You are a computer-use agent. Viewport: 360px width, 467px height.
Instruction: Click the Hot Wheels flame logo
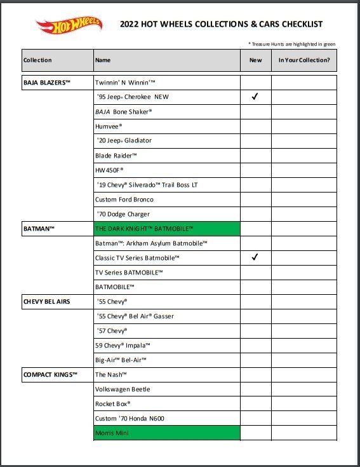click(69, 26)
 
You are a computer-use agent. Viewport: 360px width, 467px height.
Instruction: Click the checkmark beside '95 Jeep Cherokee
click(255, 97)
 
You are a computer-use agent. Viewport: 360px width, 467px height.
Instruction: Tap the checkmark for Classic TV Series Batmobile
click(255, 258)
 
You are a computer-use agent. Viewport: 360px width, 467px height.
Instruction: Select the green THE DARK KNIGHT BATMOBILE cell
click(166, 229)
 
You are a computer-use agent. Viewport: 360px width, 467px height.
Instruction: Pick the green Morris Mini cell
click(166, 433)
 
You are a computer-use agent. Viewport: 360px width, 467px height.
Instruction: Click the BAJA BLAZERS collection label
click(47, 83)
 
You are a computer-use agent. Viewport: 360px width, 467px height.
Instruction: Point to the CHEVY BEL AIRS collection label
click(47, 302)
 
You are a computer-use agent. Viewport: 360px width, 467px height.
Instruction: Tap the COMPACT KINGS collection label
click(50, 375)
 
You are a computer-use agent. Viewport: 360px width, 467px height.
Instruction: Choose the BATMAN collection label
click(39, 229)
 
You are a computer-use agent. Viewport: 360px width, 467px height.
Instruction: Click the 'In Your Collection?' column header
click(304, 60)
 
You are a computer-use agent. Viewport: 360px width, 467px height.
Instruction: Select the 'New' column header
click(255, 60)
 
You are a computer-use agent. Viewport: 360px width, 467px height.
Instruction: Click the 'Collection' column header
click(37, 60)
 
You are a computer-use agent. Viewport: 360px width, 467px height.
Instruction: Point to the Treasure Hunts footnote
click(291, 44)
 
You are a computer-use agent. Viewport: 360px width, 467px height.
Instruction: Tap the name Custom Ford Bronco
click(124, 200)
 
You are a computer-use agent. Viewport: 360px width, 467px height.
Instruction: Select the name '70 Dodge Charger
click(123, 214)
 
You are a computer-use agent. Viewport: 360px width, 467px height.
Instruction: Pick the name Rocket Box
click(113, 404)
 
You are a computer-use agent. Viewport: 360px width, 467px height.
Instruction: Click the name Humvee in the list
click(109, 126)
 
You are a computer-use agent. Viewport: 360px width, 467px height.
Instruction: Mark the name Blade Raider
click(116, 156)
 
